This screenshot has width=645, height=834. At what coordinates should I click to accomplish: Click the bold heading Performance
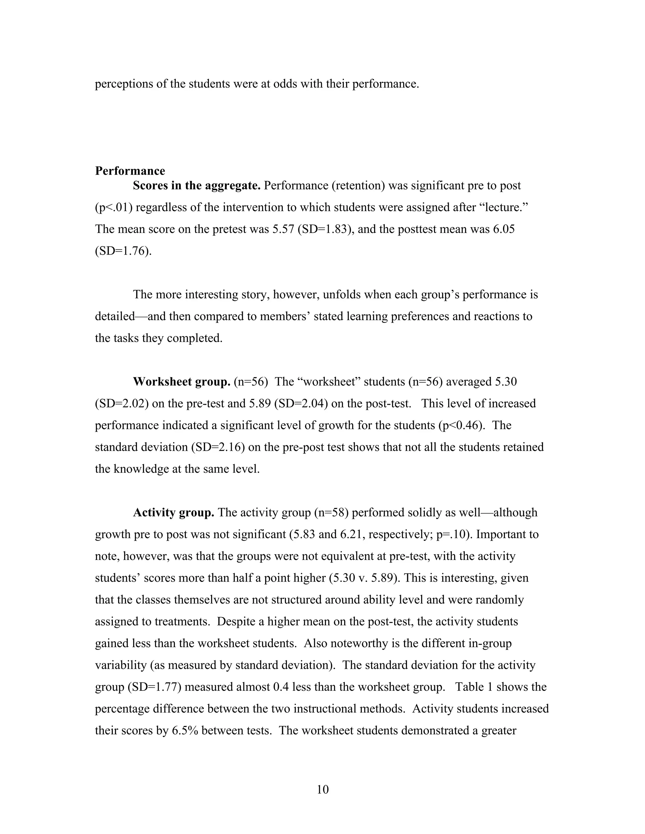[130, 171]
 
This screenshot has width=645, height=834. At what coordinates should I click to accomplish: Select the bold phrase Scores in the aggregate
[197, 186]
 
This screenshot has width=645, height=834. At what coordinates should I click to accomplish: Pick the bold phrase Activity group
[173, 512]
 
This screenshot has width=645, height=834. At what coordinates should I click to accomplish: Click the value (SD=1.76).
[123, 251]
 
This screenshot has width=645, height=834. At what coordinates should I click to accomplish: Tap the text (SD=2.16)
[218, 447]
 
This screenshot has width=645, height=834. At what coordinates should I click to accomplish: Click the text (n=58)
[331, 512]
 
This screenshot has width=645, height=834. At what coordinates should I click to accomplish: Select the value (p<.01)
[113, 207]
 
